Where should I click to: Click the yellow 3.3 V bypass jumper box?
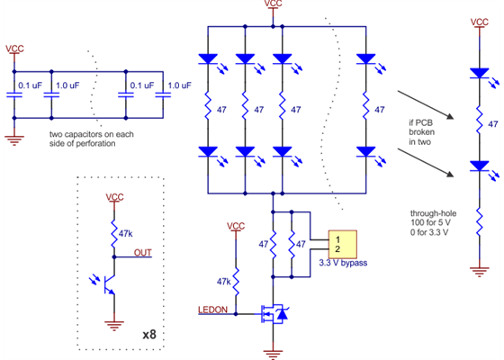pyautogui.click(x=342, y=244)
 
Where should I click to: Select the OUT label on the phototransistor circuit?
pyautogui.click(x=142, y=253)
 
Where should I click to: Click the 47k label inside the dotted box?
pyautogui.click(x=126, y=231)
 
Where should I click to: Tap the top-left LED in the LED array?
pyautogui.click(x=208, y=59)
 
